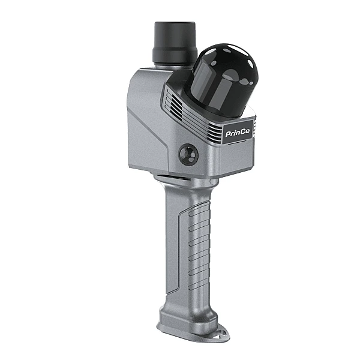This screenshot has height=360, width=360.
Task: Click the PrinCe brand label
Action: point(238,133)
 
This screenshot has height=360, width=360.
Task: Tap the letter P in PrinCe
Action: point(228,134)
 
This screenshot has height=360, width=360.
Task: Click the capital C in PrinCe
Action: point(242,132)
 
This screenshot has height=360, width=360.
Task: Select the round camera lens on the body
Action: point(189,155)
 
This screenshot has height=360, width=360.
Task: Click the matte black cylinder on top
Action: point(175,43)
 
